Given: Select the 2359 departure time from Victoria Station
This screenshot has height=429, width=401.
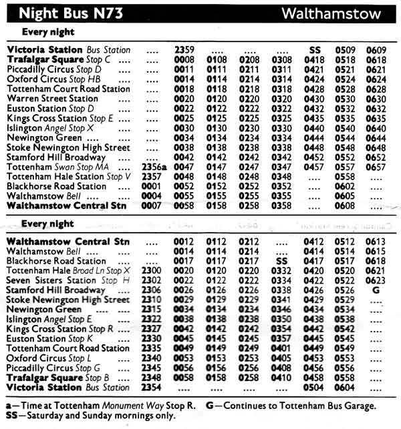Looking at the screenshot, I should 184,49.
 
